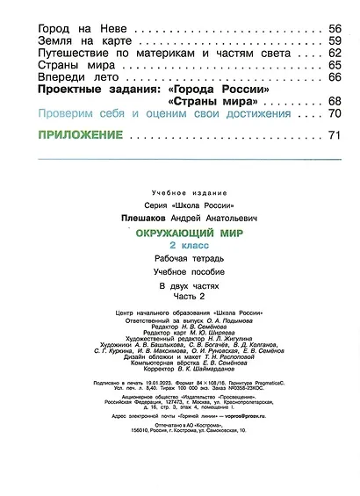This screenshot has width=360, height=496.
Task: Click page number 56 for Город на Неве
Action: pyautogui.click(x=335, y=28)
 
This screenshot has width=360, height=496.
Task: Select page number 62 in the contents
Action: pyautogui.click(x=335, y=53)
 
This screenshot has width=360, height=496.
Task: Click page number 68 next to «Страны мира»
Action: pyautogui.click(x=335, y=102)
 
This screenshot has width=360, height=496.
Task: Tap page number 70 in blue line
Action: pyautogui.click(x=335, y=114)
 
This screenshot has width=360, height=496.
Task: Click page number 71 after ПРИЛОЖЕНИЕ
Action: pyautogui.click(x=333, y=135)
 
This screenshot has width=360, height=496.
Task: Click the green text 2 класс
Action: pyautogui.click(x=191, y=247)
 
